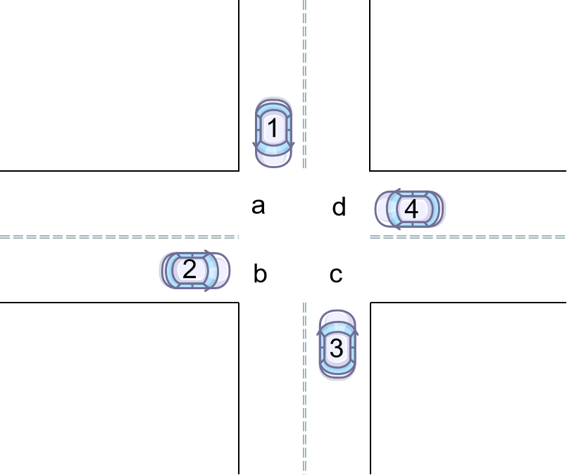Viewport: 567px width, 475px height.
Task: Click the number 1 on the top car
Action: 273,129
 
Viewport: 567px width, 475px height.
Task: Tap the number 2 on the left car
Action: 189,270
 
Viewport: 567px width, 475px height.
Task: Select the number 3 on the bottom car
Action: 337,348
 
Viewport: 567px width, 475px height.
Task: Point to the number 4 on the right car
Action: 411,209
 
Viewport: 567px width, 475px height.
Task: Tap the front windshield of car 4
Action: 395,209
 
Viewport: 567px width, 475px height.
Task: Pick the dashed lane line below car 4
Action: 451,237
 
